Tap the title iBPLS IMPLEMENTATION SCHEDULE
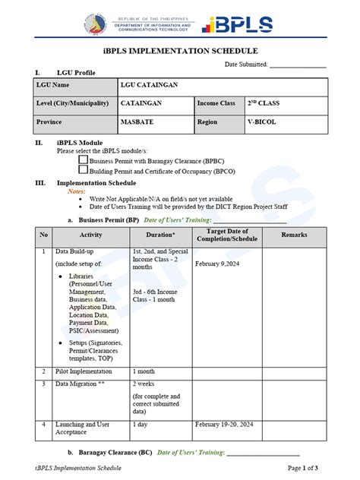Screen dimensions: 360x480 point(179,51)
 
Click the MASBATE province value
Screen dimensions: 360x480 point(134,122)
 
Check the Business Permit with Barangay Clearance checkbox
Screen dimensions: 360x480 point(83,159)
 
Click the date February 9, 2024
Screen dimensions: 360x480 point(217,264)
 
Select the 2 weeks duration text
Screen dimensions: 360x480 point(144,384)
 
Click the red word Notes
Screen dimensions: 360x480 point(77,191)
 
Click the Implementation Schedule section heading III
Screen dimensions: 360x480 point(96,182)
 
